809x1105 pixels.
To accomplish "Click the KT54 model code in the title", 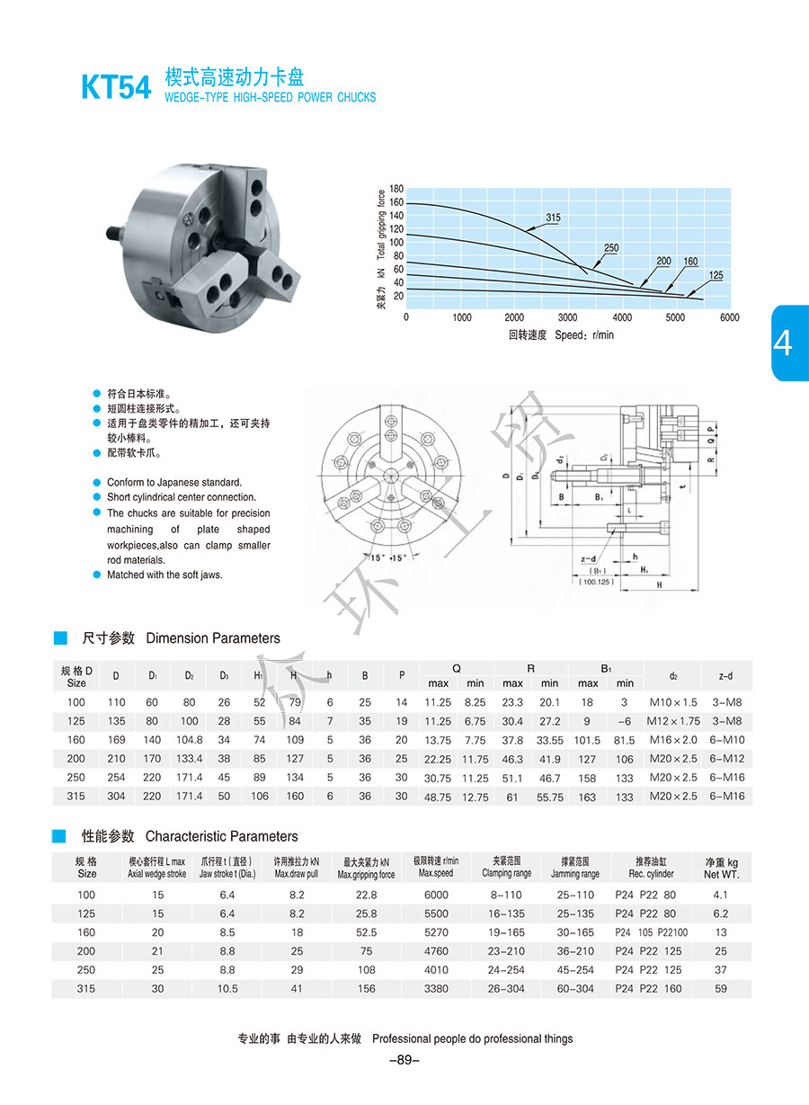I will [116, 86].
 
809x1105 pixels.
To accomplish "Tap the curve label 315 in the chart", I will [553, 218].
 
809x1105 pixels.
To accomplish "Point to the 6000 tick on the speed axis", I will [729, 317].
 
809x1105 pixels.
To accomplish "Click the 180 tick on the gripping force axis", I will [396, 190].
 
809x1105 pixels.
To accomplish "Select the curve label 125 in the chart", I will [716, 275].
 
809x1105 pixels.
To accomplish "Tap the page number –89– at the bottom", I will [404, 1060].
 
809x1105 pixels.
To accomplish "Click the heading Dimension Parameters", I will [212, 638].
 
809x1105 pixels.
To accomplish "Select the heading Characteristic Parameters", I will [221, 836].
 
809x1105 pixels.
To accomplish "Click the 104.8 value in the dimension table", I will [189, 740].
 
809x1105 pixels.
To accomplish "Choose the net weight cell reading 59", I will [721, 988].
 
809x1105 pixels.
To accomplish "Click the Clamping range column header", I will [507, 867].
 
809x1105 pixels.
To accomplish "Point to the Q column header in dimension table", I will [457, 668].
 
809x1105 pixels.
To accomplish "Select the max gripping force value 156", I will [366, 988].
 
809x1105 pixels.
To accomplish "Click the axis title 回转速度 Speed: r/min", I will [561, 335].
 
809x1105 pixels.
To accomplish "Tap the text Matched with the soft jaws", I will [164, 575].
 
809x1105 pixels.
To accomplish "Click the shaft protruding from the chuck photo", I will [114, 235].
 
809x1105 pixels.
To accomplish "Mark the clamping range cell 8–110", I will [507, 895].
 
